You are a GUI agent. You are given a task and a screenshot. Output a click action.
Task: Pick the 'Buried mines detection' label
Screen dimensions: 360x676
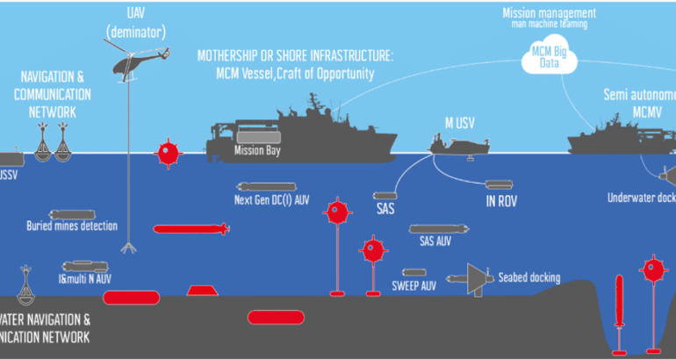coord(72,226)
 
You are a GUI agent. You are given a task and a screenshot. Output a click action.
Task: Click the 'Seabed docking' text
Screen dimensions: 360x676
coord(529,278)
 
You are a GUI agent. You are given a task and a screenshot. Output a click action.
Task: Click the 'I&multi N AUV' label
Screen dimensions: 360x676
coord(85,278)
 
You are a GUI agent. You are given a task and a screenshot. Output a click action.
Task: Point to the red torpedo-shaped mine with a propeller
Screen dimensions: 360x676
coord(191,230)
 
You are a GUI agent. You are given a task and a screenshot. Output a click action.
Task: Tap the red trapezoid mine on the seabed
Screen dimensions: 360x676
coord(203,291)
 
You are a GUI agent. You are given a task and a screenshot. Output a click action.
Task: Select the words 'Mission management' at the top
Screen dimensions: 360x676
coord(550,13)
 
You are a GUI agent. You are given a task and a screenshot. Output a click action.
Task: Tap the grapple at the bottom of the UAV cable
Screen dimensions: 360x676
coord(131,248)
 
